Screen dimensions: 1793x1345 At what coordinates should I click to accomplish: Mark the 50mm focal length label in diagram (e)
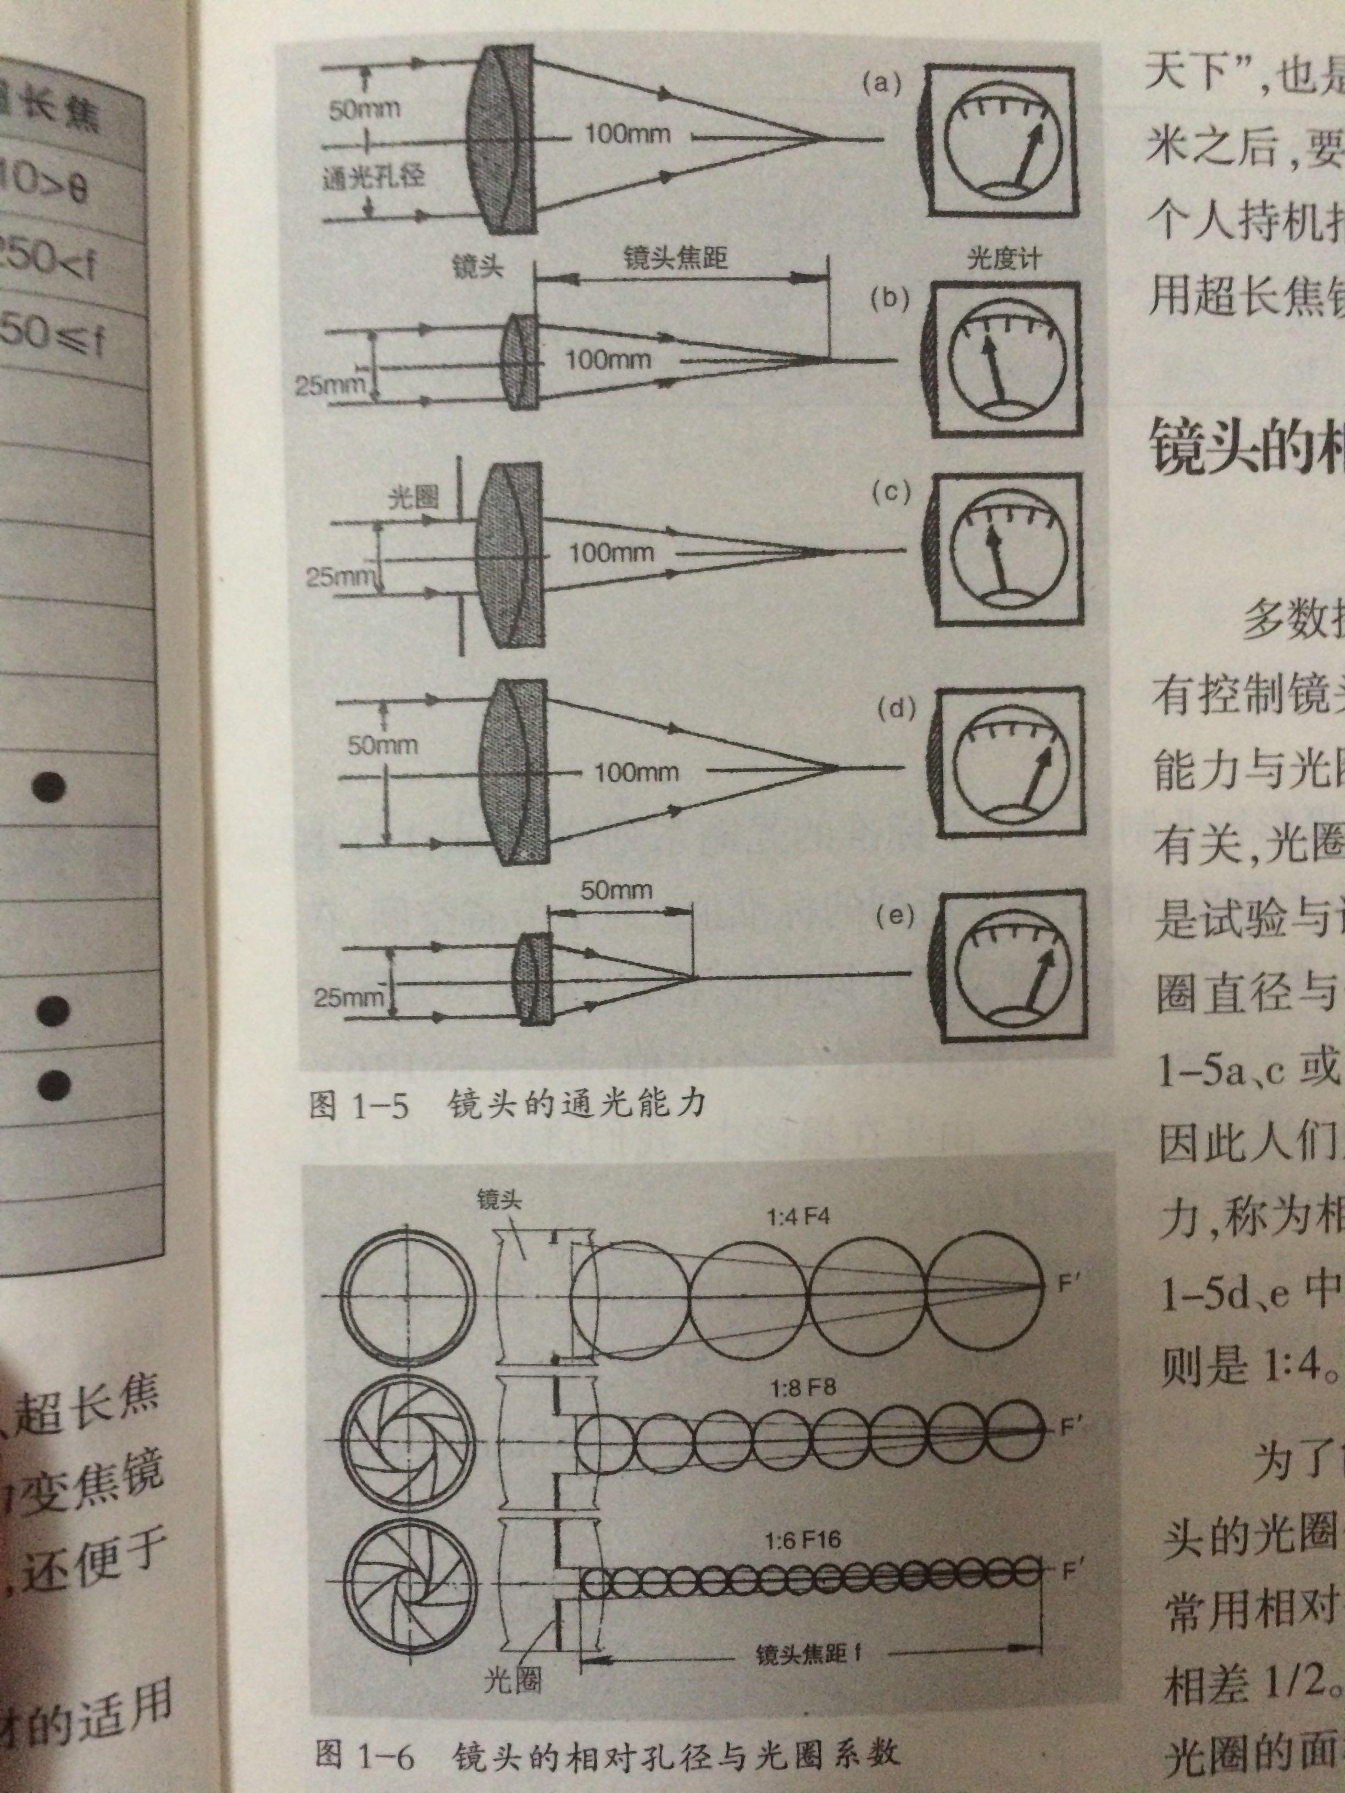616,890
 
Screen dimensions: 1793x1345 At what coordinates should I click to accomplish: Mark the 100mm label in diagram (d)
636,772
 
